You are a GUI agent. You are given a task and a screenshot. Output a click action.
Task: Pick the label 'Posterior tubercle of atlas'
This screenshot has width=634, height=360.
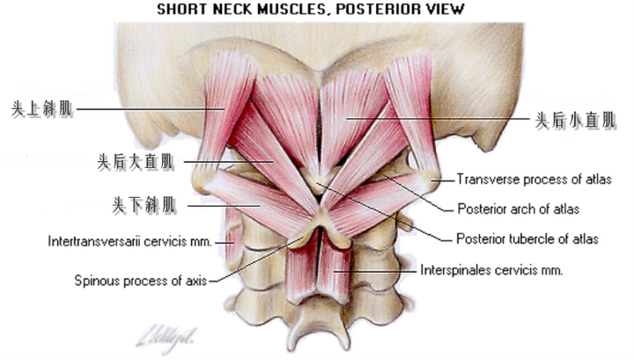(x=527, y=239)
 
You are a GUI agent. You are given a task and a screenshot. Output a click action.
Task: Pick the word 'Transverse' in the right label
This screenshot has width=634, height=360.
(x=485, y=180)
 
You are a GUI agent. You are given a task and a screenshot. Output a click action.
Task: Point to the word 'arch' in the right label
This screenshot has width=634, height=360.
(x=520, y=209)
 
